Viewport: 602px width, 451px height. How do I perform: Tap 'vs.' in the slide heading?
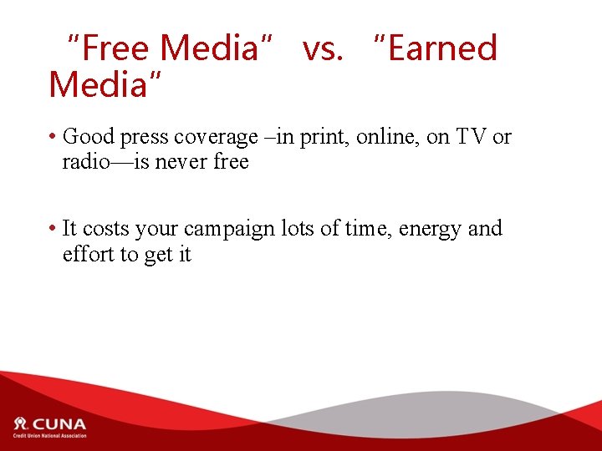pyautogui.click(x=323, y=48)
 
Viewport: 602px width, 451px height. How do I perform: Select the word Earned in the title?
pyautogui.click(x=442, y=48)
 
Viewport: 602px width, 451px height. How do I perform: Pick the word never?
pyautogui.click(x=183, y=162)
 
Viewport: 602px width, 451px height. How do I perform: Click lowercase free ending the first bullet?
pyautogui.click(x=231, y=162)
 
